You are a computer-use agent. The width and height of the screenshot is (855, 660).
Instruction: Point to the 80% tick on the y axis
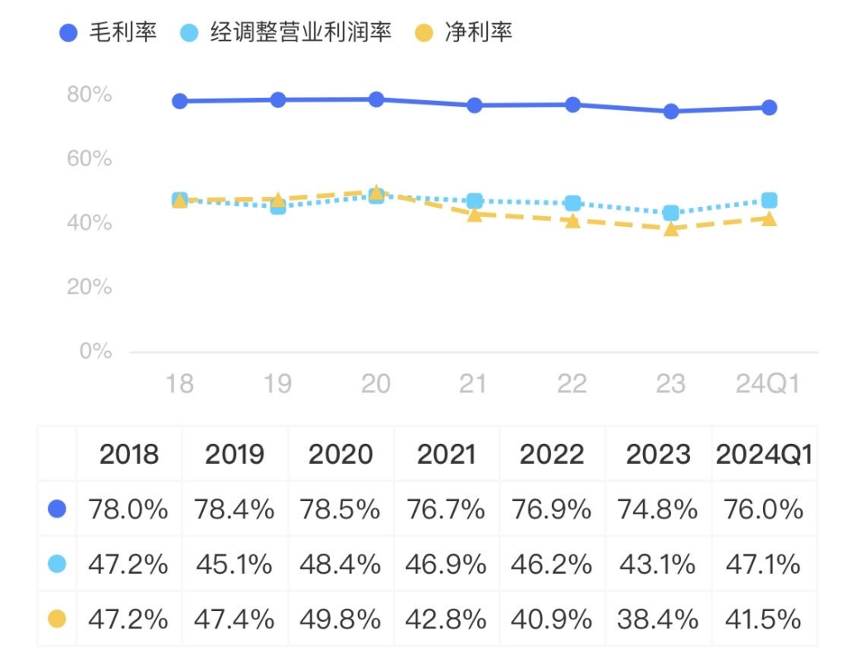point(89,94)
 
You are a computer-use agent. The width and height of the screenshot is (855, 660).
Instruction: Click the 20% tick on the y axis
point(89,287)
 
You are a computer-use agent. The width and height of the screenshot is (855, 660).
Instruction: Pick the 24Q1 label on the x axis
point(768,383)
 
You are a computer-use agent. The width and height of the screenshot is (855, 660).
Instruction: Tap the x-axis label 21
point(474,383)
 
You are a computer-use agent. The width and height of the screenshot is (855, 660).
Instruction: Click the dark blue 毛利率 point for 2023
point(671,111)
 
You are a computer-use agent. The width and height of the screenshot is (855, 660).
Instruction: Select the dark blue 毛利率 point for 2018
point(180,101)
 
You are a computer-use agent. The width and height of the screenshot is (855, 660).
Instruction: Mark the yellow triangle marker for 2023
point(671,229)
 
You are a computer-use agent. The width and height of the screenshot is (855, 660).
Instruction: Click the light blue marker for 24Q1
point(769,200)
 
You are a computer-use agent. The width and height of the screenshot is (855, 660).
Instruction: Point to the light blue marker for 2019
point(278,206)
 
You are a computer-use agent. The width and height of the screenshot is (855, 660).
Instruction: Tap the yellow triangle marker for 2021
point(475,214)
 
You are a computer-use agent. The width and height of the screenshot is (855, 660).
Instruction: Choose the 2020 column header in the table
point(341,454)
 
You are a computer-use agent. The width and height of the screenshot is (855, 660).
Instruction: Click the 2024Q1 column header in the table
point(764,454)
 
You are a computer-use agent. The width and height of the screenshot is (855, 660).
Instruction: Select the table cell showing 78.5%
point(341,509)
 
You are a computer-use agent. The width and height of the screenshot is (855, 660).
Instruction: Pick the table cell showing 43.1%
point(658,564)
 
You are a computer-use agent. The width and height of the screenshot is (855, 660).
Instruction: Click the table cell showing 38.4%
point(658,619)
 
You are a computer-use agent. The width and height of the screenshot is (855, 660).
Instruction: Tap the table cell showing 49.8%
point(341,619)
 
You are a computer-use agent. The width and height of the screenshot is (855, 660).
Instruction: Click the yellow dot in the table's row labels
point(57,619)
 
